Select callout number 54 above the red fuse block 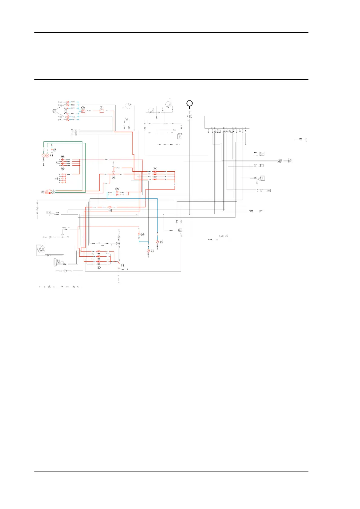pos(155,168)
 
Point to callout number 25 pos(161,242)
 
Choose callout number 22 pos(152,251)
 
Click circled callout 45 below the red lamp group pos(63,169)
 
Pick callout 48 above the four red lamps pos(63,157)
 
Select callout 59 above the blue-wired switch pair pos(117,189)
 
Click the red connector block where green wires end pos(47,192)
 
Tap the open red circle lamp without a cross pos(44,155)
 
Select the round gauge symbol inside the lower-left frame pos(41,250)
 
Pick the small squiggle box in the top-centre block pos(180,137)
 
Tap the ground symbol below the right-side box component pos(257,183)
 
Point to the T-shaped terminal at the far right pos(306,140)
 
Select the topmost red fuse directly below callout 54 pos(155,172)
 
